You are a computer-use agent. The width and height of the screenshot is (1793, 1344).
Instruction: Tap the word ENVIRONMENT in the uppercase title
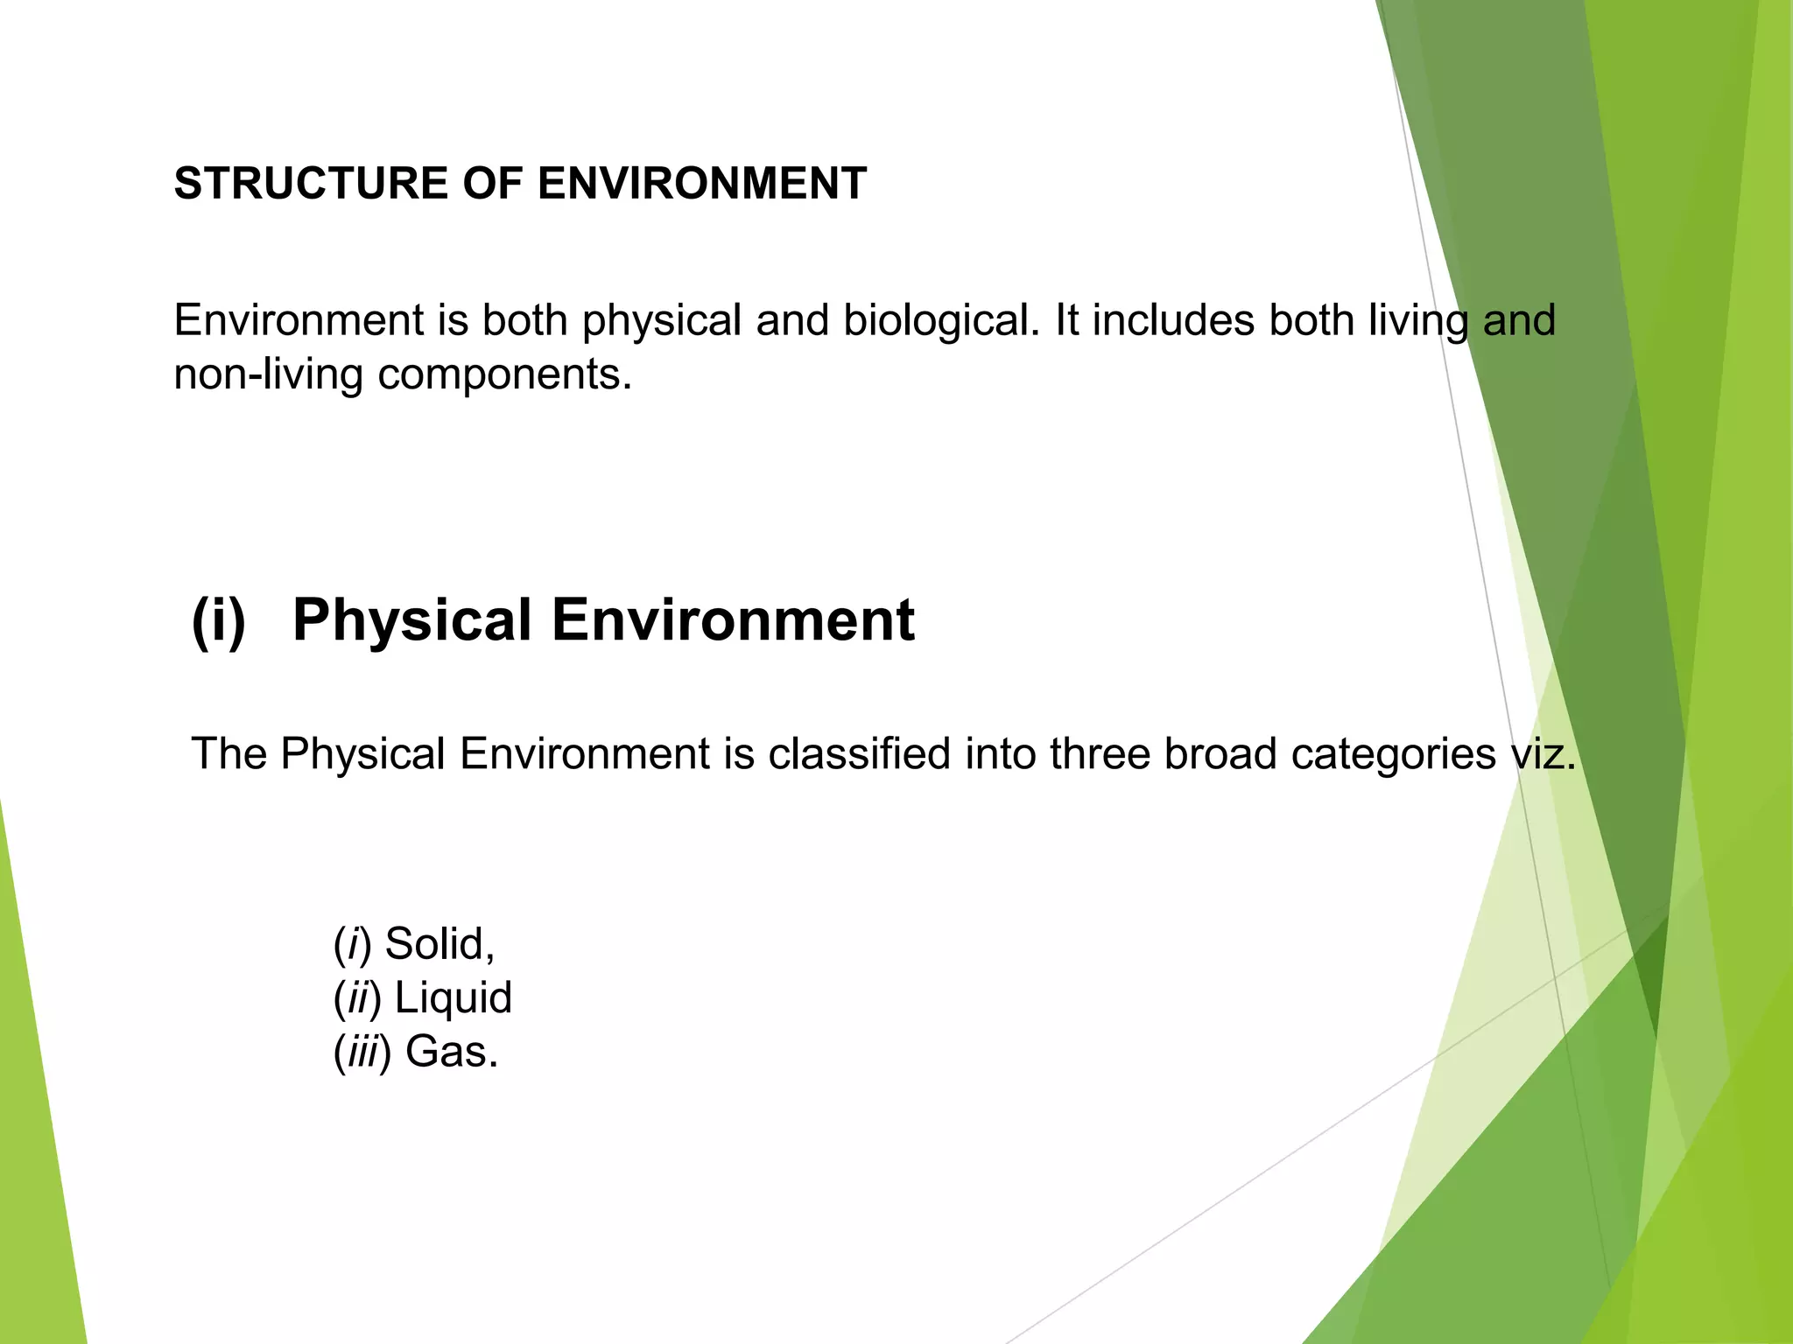point(701,184)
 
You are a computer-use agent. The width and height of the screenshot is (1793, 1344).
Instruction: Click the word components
point(504,375)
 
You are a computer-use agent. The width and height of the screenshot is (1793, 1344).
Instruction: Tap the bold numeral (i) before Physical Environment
point(219,621)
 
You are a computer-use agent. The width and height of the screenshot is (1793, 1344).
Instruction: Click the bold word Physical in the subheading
point(412,621)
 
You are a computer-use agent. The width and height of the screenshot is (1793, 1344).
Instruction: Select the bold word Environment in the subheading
point(733,621)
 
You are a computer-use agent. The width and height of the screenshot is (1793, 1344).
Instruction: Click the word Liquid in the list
point(453,998)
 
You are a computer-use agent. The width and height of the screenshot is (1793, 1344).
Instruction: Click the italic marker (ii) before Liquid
point(357,998)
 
